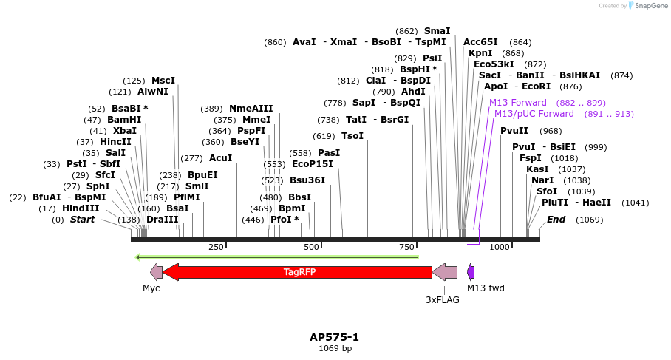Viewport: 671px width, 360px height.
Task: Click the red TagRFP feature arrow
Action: [x=299, y=272]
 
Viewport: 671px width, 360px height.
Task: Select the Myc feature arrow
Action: [x=156, y=272]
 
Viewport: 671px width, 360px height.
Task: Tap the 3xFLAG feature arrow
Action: [x=444, y=272]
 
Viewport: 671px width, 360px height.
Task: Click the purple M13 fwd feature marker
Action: [x=471, y=272]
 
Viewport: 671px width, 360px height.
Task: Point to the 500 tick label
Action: [x=311, y=247]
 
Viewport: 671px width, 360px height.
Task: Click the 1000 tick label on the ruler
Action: [x=500, y=247]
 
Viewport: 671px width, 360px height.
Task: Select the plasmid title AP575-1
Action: [x=334, y=337]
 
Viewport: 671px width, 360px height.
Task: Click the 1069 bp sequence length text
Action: [x=335, y=348]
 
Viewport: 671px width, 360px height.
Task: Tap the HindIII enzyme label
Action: [x=81, y=208]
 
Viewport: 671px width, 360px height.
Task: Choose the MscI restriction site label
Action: [x=163, y=81]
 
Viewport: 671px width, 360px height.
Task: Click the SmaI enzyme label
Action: [x=437, y=31]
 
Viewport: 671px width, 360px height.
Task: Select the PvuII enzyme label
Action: [x=514, y=131]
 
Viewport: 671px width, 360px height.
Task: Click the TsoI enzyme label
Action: [x=352, y=136]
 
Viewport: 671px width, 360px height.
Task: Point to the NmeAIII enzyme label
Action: [x=251, y=109]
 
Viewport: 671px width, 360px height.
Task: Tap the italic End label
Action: [x=556, y=220]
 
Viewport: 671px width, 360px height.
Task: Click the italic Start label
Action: [x=82, y=220]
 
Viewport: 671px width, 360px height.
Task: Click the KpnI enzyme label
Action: [x=480, y=53]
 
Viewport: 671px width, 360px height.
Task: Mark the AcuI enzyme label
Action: [x=220, y=158]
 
